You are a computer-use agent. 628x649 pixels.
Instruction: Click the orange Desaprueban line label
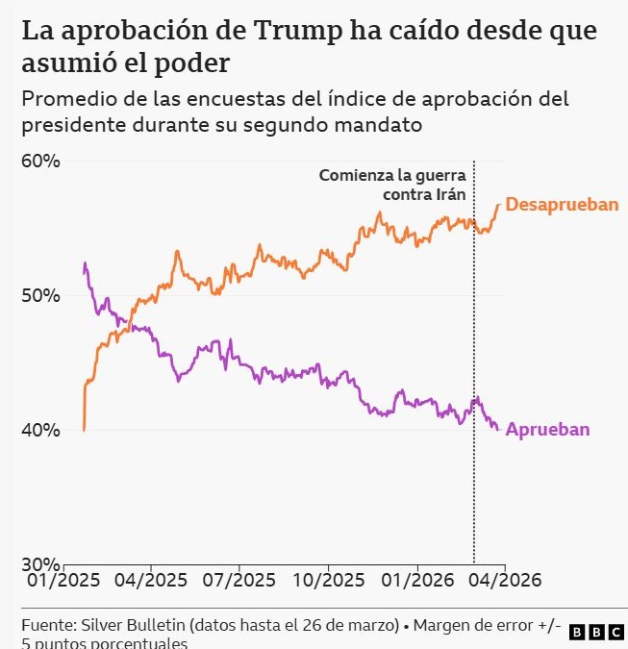coord(562,205)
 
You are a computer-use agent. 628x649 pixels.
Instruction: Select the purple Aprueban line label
coord(547,430)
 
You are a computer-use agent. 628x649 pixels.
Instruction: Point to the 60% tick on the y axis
coord(41,162)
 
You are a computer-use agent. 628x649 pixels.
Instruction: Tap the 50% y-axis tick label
coord(41,296)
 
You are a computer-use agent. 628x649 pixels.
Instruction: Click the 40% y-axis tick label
coord(41,431)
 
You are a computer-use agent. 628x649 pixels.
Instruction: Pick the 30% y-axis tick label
coord(41,564)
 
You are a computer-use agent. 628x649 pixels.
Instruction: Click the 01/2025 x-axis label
coord(64,580)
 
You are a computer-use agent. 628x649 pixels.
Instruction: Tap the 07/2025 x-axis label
coord(239,580)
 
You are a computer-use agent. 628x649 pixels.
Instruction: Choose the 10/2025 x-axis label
coord(328,580)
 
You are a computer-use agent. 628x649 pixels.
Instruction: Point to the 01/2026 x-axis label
coord(416,580)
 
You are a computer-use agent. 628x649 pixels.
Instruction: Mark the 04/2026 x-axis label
coord(505,580)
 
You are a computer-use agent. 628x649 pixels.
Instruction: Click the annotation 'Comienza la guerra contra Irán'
coord(392,186)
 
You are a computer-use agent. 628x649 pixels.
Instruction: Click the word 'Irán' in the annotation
coord(449,195)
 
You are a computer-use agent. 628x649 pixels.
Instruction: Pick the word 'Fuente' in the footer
coord(48,625)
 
